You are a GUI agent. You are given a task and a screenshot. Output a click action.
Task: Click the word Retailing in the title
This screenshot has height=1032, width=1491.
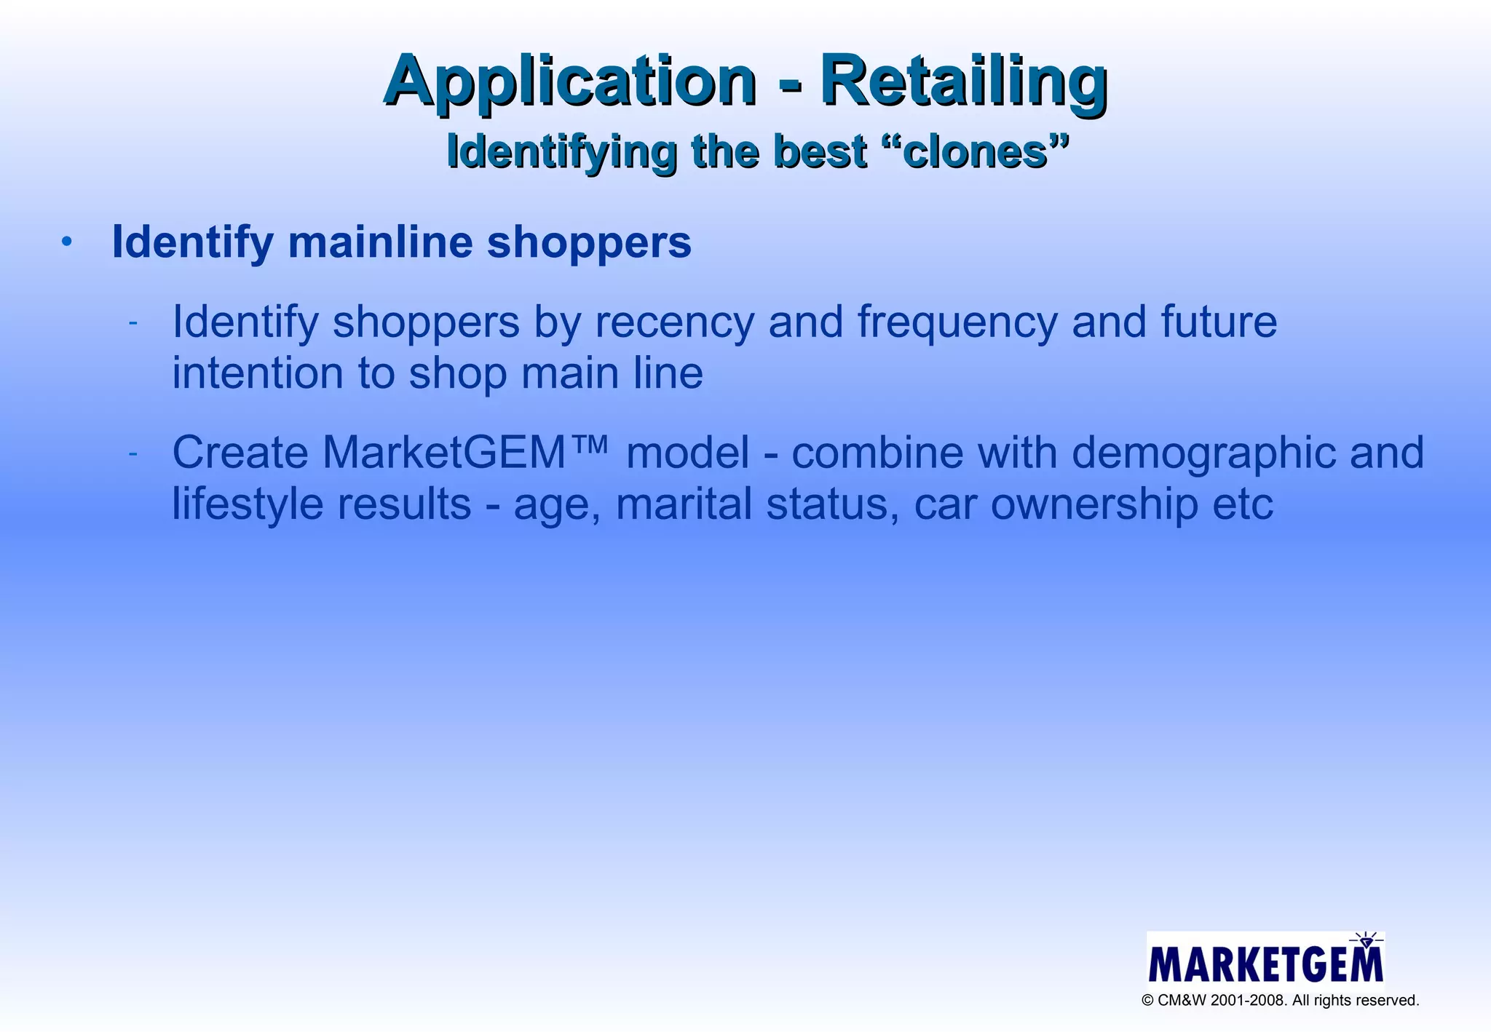tap(964, 82)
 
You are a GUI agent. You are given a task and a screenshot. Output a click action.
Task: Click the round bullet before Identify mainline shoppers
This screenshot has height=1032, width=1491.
tap(67, 242)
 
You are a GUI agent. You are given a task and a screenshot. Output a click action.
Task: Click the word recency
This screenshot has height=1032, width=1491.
tap(674, 322)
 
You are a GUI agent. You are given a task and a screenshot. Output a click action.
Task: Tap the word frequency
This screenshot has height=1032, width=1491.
tap(957, 322)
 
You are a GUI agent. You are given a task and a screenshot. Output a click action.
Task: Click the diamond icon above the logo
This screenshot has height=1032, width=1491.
tap(1366, 941)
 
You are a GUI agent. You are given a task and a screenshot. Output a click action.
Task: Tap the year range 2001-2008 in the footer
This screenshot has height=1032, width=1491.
tap(1249, 1001)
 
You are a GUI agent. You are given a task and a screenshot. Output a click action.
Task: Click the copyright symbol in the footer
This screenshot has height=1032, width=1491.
tap(1148, 1001)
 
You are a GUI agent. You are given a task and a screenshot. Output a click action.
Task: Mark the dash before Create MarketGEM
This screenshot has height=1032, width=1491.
tap(133, 453)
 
